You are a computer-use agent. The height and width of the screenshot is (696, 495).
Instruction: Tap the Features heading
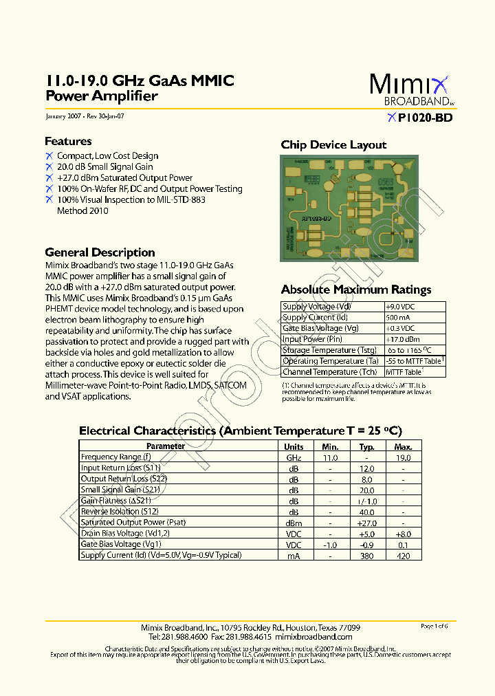pos(68,142)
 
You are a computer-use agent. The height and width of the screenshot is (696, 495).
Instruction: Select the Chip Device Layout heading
pos(333,145)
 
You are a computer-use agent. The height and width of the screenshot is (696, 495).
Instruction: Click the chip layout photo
pos(349,208)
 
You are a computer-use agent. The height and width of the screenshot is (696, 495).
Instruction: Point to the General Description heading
pos(100,252)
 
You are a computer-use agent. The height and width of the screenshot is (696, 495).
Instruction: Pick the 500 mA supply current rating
pos(397,318)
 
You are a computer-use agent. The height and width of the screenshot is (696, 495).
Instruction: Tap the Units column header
pos(294,446)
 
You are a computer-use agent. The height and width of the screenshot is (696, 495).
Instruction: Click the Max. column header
pos(403,446)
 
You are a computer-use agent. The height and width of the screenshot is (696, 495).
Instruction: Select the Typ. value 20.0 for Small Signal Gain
pos(366,490)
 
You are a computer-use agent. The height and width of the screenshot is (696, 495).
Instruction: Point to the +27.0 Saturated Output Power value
pos(366,523)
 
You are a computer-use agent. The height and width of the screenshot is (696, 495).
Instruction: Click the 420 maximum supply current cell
pos(403,555)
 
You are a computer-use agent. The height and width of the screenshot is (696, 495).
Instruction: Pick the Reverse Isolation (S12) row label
pos(120,512)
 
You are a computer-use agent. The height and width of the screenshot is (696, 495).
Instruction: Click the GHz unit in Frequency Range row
pos(294,457)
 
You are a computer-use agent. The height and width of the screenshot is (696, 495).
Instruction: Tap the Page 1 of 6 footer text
pos(434,626)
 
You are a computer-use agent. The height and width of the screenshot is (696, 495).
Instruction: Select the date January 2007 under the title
pos(63,117)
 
